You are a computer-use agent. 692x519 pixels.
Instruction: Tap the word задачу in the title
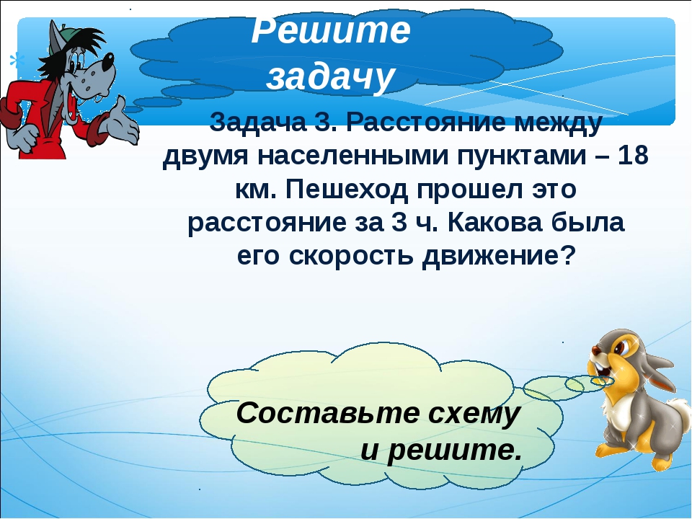point(330,77)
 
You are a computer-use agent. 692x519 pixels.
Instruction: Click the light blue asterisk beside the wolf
point(17,61)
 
